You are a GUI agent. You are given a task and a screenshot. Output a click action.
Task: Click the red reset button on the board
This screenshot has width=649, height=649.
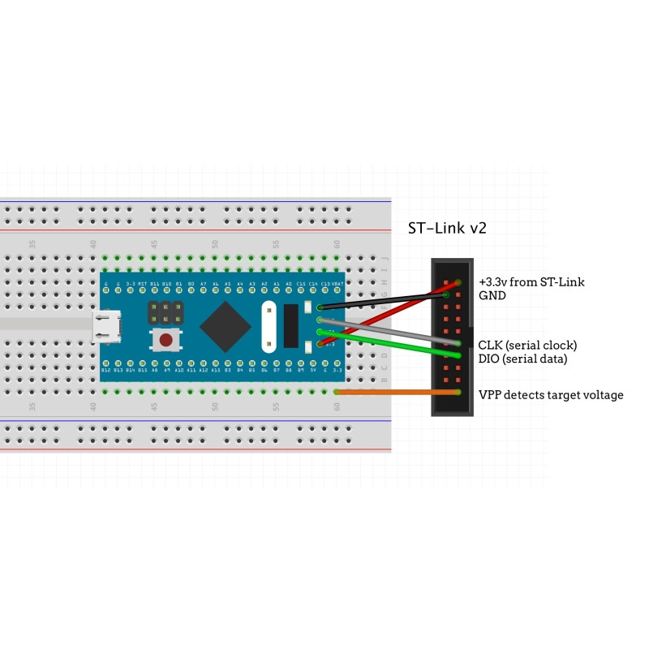[x=165, y=340]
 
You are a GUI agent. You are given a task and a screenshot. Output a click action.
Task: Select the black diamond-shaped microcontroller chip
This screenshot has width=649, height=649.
[x=225, y=325]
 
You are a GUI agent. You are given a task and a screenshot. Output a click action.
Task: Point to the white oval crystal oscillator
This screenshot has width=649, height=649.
[x=269, y=325]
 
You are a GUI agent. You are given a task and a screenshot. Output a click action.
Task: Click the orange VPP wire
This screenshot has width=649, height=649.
[x=398, y=392]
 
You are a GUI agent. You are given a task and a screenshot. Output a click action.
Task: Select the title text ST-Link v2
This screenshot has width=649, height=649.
[x=447, y=229]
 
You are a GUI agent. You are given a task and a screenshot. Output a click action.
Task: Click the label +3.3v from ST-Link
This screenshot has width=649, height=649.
[x=531, y=282]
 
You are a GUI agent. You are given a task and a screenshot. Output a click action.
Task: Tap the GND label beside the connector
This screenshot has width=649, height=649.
[x=492, y=296]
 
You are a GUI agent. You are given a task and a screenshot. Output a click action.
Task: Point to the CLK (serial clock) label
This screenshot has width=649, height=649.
[x=527, y=345]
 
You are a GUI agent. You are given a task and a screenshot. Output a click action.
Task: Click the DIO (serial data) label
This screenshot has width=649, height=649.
[x=522, y=359]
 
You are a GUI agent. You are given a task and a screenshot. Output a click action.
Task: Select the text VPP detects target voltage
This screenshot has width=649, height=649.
[x=551, y=395]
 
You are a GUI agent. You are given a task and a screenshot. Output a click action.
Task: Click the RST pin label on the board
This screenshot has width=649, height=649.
[x=142, y=283]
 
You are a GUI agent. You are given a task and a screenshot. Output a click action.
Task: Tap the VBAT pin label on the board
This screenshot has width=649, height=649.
[x=337, y=283]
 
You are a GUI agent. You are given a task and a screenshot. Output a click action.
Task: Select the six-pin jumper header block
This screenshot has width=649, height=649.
[x=165, y=310]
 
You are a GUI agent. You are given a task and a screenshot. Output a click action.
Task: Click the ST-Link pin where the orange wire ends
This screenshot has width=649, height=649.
[x=459, y=392]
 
